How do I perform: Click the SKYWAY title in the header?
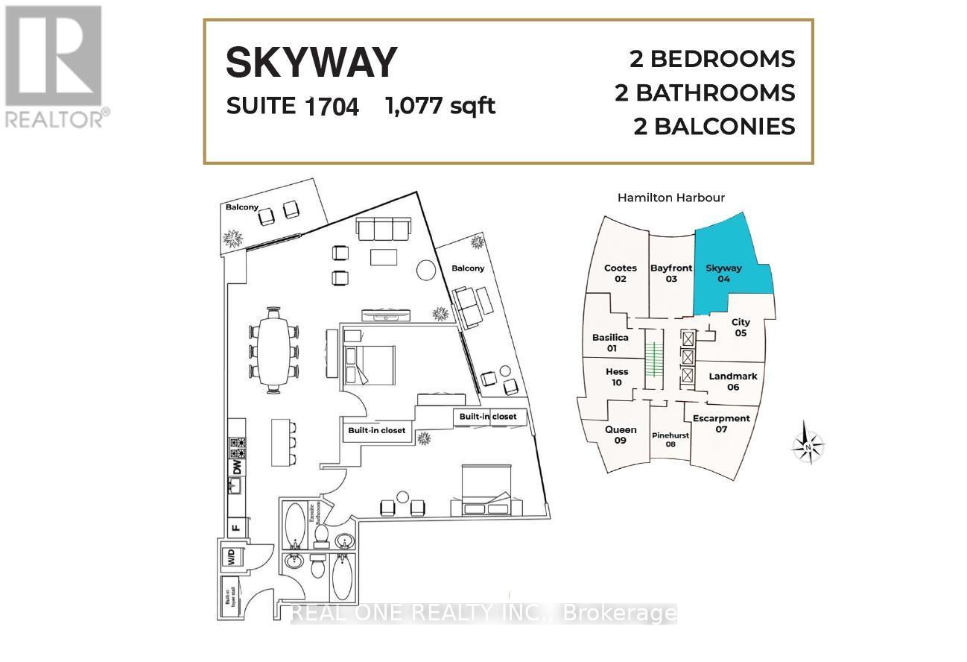tap(311, 63)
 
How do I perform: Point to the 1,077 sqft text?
tap(440, 106)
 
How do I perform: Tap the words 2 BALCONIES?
tap(714, 126)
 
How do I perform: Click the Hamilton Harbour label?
tap(671, 198)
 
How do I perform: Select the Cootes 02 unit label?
tap(621, 273)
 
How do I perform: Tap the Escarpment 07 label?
tap(720, 423)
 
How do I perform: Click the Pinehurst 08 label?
tap(670, 439)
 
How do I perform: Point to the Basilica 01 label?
tap(610, 342)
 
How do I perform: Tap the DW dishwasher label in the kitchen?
tap(237, 468)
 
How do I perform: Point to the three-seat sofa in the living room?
tap(382, 227)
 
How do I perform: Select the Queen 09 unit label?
tap(620, 435)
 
